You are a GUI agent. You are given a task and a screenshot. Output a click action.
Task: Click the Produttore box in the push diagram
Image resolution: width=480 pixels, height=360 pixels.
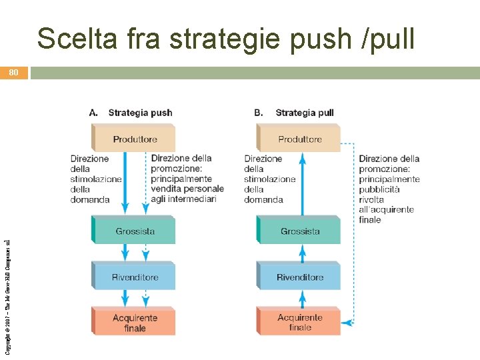(133, 139)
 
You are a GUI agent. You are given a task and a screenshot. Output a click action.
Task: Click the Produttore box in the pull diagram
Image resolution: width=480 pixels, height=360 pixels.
(299, 139)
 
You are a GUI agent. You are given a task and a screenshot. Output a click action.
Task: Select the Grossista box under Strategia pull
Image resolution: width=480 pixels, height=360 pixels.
(299, 231)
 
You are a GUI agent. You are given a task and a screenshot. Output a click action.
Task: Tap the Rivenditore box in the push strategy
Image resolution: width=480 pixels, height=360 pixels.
(134, 277)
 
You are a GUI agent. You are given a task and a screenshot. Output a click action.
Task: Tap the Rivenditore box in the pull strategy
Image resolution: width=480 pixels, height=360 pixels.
(299, 277)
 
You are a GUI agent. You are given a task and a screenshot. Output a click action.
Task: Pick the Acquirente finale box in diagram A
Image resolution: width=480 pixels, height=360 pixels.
(134, 323)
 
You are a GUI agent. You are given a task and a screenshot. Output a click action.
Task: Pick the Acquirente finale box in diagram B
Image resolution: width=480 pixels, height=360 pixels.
(299, 323)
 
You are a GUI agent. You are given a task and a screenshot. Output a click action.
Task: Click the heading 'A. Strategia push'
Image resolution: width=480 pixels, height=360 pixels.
(131, 113)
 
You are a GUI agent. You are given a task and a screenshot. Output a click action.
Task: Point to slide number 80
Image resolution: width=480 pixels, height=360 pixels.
(14, 73)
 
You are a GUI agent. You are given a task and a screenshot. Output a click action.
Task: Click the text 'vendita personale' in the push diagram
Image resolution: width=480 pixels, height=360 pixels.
(186, 189)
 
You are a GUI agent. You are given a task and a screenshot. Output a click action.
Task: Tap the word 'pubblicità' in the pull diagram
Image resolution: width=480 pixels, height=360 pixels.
(379, 189)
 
